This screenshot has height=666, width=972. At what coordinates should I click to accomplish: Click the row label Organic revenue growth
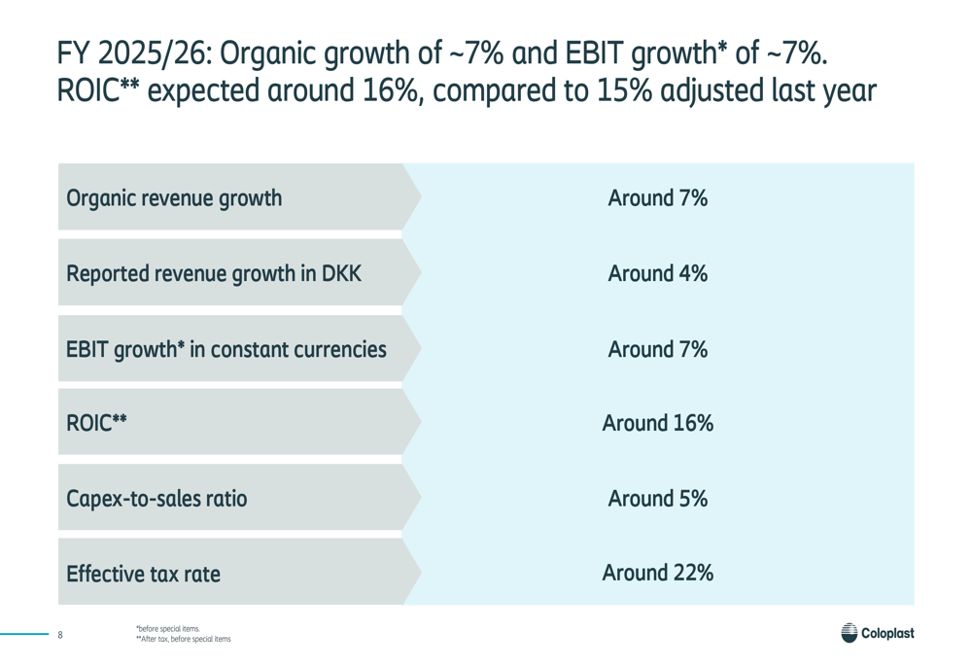tap(174, 198)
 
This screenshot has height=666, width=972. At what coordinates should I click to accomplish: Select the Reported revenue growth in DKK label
tap(214, 273)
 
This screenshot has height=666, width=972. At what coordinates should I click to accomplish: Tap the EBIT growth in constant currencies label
tap(226, 350)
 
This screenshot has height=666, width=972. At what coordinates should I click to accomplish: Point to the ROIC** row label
tap(96, 423)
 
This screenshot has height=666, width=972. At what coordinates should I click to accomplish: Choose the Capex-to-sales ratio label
tap(156, 499)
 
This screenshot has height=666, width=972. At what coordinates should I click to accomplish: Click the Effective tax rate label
tap(143, 574)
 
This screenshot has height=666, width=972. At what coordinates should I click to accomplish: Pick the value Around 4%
tap(658, 273)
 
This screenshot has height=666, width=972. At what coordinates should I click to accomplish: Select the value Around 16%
tap(658, 423)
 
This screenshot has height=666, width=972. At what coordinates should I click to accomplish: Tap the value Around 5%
tap(658, 499)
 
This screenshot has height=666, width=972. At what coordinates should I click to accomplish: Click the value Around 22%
tap(658, 573)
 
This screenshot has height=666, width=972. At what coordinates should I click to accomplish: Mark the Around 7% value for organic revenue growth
tap(658, 198)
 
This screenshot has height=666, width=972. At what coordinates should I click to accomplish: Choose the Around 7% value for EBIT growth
tap(658, 350)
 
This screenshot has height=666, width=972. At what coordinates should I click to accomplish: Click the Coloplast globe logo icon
tap(850, 633)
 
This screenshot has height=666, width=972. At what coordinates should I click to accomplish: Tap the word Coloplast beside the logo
tap(887, 633)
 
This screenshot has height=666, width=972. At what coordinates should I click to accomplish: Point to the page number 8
tap(60, 634)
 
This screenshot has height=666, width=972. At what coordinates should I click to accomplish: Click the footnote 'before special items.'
tap(168, 629)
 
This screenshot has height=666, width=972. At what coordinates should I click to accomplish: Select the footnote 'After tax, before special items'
tap(184, 639)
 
